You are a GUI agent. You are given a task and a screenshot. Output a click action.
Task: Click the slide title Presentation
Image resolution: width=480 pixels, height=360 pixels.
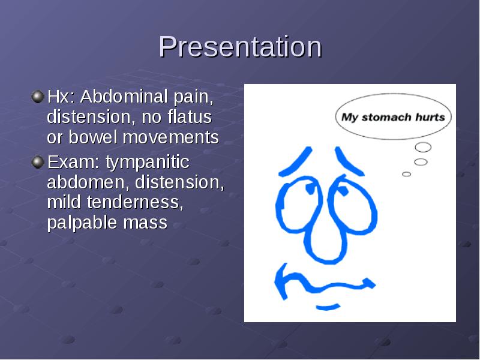[241, 47]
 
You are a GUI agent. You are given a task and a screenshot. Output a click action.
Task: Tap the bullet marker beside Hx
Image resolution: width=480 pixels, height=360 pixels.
[38, 97]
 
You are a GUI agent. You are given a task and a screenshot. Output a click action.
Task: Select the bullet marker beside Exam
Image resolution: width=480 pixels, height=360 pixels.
[38, 162]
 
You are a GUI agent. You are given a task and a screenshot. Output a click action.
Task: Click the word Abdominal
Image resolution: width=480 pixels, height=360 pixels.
[124, 97]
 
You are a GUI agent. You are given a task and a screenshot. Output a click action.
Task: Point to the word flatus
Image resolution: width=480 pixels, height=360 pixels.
[190, 116]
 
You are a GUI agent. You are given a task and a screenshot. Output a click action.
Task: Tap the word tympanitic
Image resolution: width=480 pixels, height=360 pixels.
[148, 162]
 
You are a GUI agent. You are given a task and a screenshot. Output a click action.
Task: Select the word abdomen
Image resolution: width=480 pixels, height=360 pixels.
[86, 182]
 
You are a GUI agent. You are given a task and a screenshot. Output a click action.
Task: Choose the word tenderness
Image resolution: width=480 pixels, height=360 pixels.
[135, 202]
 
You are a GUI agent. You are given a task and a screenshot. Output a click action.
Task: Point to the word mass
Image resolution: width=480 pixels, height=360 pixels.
[145, 223]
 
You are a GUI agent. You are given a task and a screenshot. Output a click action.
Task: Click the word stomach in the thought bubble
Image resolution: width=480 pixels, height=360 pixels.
[386, 117]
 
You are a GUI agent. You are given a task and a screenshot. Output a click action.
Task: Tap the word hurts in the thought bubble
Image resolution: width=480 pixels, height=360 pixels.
[430, 117]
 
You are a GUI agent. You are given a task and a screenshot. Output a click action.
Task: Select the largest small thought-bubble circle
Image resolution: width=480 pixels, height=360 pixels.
[423, 147]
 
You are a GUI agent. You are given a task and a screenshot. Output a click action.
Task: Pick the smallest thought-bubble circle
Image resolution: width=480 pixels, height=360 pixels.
[407, 174]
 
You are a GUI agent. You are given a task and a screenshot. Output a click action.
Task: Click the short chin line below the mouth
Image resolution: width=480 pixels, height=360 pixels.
[328, 307]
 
